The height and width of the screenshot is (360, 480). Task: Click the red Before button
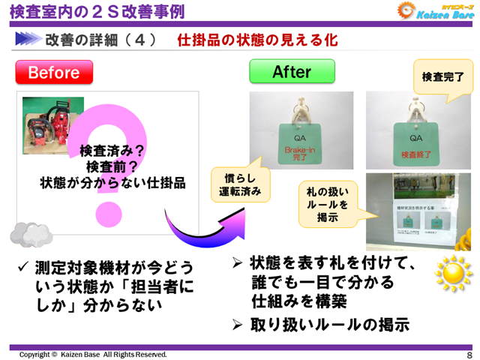(54, 73)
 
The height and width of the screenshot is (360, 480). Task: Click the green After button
(291, 72)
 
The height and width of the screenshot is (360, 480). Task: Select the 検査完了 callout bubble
(443, 77)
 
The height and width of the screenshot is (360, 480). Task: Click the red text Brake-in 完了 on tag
(302, 156)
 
